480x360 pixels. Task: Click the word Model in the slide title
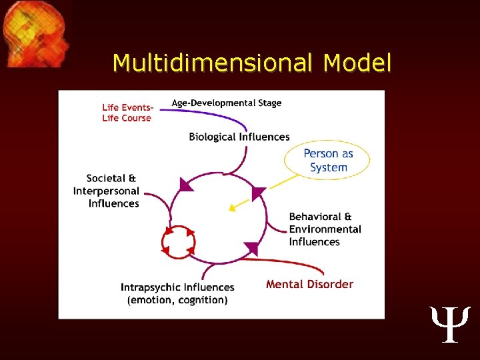coord(357,63)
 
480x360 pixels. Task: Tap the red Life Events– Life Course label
coord(127,113)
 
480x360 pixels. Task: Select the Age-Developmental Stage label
coord(227,103)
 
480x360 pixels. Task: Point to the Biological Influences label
coord(239,137)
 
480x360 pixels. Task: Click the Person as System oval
coord(327,160)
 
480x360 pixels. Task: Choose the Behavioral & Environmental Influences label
coord(325,229)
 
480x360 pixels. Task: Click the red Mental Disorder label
coord(309,284)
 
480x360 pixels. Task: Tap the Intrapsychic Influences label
coord(177,287)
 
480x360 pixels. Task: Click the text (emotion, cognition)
coord(177,300)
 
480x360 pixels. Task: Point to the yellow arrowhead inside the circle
coord(233,207)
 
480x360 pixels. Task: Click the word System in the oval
coord(329,167)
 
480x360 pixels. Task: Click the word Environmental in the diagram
coord(325,229)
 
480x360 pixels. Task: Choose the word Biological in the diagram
coord(213,137)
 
